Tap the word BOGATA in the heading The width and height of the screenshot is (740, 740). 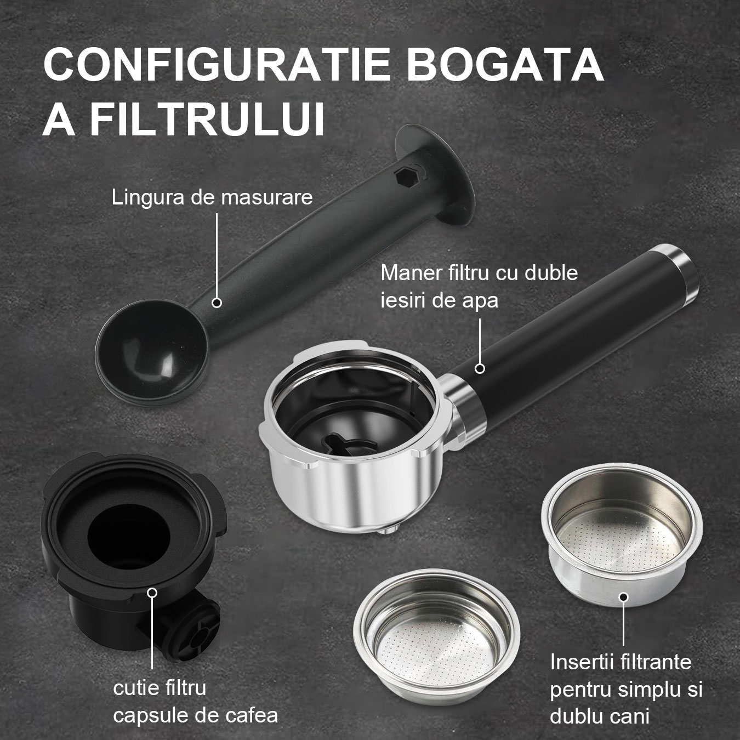coord(504,65)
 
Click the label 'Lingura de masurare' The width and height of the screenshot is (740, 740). coord(212,197)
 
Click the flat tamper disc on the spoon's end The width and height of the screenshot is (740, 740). coord(439,181)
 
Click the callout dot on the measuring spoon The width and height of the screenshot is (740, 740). coord(217,302)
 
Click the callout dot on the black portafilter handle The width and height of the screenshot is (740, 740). coord(480,368)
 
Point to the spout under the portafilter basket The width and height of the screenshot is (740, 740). coord(389,529)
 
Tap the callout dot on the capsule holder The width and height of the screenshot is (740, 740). coord(153,593)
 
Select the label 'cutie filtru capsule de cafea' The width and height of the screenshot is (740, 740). coord(195,701)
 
